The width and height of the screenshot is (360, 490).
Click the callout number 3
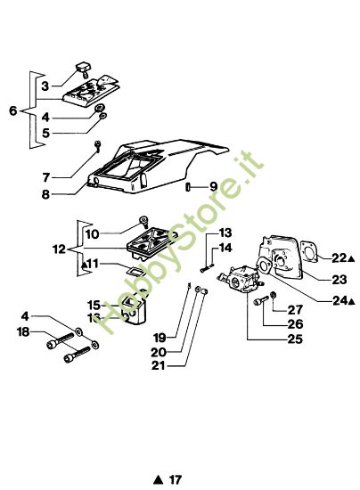(45, 86)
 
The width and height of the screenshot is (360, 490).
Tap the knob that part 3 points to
(83, 69)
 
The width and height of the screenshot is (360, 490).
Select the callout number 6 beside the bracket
(12, 110)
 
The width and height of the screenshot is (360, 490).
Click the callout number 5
(46, 133)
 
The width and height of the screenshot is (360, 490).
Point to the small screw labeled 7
(98, 146)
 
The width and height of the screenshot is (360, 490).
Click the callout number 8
(45, 194)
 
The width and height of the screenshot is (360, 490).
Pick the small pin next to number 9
(188, 187)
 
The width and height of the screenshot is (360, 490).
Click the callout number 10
(92, 234)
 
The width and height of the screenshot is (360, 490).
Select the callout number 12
(60, 249)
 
